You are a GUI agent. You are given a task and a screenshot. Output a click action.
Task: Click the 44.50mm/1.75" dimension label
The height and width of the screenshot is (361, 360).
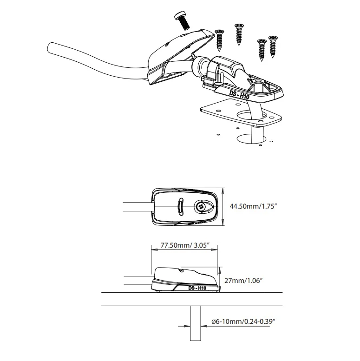[253, 206]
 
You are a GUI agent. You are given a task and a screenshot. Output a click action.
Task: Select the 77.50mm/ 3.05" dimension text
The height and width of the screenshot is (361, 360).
[185, 245]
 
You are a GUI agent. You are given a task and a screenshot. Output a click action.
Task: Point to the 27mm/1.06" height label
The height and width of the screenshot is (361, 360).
[243, 281]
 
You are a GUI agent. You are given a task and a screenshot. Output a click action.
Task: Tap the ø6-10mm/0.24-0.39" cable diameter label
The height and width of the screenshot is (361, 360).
[243, 322]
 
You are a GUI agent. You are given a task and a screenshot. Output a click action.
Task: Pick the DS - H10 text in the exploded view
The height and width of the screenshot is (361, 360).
[239, 95]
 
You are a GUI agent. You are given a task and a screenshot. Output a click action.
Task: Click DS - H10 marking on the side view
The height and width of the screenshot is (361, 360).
[197, 288]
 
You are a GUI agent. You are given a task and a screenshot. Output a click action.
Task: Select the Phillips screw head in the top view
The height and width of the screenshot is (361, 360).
[200, 207]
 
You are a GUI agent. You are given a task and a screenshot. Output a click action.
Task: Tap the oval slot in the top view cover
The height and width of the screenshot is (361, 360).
[181, 206]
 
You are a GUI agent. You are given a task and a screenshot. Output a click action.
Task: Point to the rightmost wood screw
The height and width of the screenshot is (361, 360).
[273, 46]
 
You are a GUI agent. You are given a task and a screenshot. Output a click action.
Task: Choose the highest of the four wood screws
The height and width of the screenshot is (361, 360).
[239, 34]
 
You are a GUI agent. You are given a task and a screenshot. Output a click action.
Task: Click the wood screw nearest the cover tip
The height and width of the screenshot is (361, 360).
[219, 40]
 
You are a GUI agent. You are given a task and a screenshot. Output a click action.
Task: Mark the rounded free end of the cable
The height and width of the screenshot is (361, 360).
[50, 48]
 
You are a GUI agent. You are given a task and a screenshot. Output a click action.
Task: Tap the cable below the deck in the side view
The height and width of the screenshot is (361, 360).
[196, 323]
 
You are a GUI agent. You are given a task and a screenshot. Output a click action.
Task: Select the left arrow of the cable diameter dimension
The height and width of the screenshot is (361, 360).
[187, 326]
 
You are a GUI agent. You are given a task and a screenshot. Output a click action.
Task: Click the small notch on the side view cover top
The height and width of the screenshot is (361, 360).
[182, 270]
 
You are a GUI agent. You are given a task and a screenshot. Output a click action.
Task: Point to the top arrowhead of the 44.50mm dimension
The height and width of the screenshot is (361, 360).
[223, 190]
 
